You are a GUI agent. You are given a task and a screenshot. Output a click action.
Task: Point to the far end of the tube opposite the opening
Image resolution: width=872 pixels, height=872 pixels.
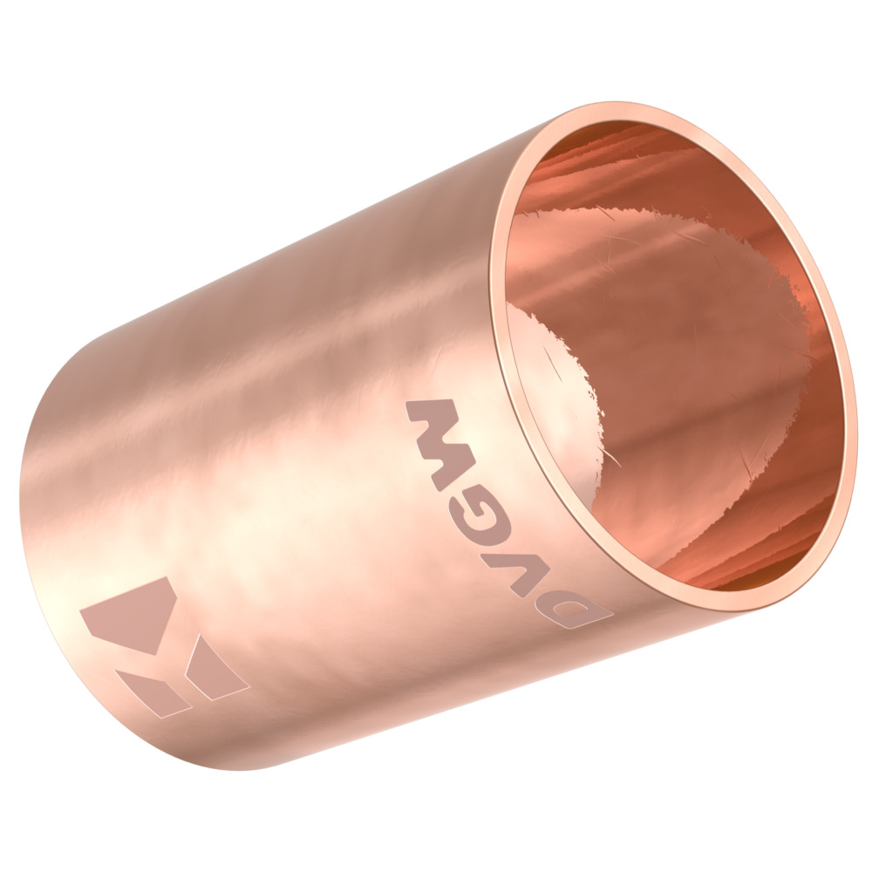35,523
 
